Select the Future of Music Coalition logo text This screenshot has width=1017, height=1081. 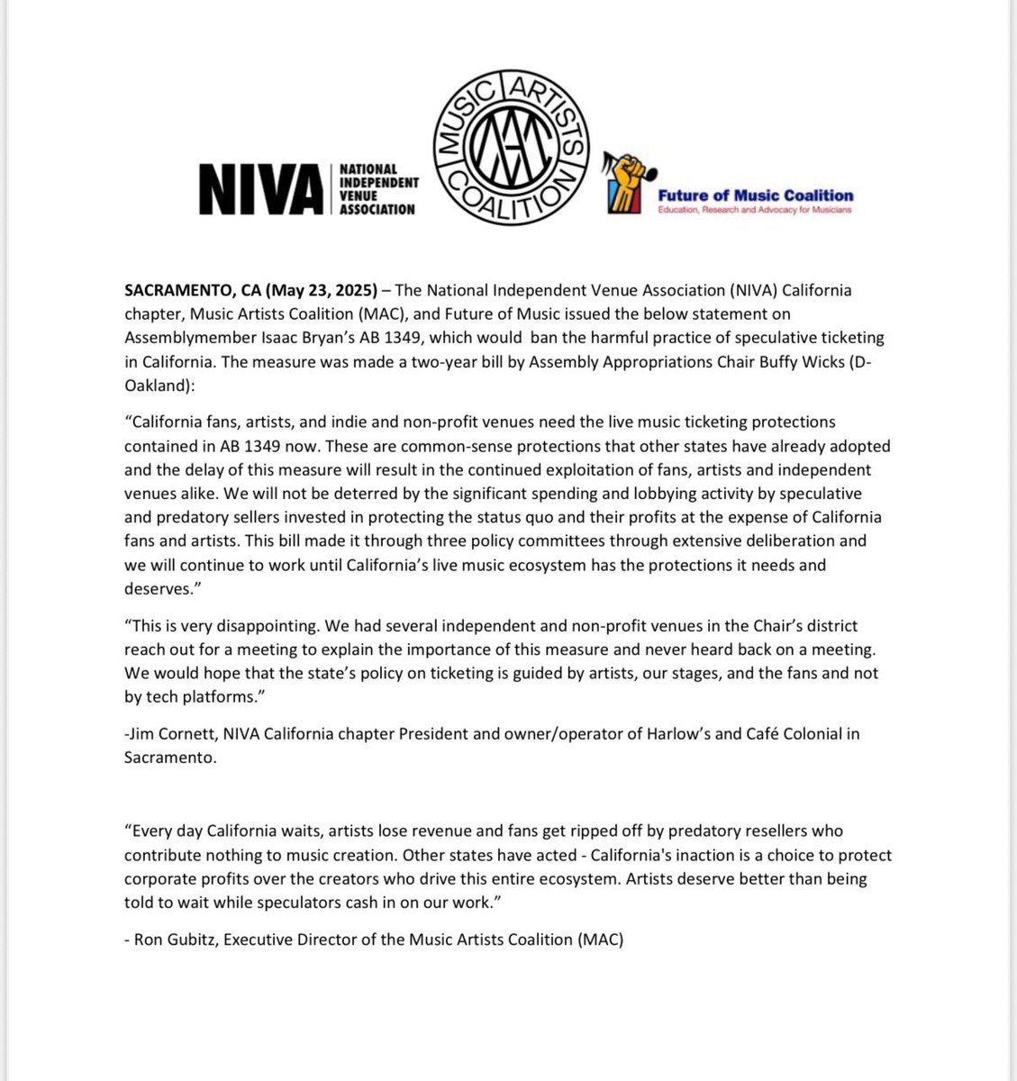(x=755, y=195)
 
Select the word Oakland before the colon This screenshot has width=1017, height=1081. (x=150, y=386)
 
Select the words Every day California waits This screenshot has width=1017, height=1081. (x=238, y=831)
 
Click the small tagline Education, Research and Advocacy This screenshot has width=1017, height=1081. (x=755, y=210)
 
